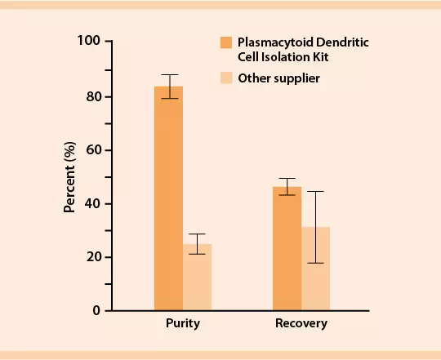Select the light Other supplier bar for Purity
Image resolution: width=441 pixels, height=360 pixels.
197,278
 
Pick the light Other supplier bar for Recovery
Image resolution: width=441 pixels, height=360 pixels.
315,269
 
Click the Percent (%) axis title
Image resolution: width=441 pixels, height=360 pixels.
70,176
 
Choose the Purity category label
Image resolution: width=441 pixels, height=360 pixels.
182,323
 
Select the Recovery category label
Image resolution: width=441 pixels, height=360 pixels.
301,323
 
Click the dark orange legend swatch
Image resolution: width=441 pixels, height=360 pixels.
225,42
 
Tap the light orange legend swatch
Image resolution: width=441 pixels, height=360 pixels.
225,78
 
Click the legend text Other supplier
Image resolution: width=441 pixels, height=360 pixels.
278,78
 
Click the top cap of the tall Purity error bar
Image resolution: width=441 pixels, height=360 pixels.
169,75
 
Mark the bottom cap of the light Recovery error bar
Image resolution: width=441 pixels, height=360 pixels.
315,263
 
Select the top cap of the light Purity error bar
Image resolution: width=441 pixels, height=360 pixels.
197,234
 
